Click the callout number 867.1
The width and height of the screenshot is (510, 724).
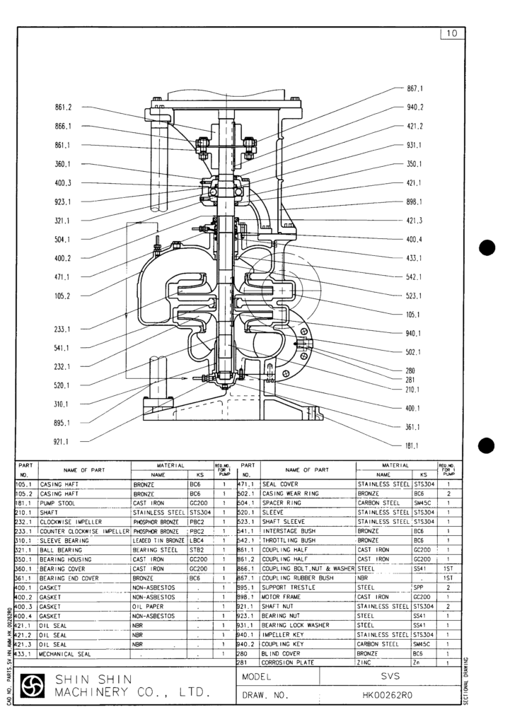(x=415, y=89)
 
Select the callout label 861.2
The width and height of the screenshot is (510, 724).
(x=64, y=107)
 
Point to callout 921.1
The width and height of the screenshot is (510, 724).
(x=64, y=441)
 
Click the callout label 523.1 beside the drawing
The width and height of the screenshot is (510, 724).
(x=415, y=296)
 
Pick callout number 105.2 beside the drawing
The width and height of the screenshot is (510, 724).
(x=64, y=296)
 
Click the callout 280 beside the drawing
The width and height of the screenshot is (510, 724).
(x=410, y=370)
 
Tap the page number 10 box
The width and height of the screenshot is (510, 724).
(x=452, y=34)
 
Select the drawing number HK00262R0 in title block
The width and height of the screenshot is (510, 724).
(x=390, y=696)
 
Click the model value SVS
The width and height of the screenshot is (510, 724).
(x=390, y=676)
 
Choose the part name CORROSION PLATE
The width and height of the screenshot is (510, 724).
(x=286, y=662)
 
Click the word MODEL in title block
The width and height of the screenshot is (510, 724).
(x=257, y=676)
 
